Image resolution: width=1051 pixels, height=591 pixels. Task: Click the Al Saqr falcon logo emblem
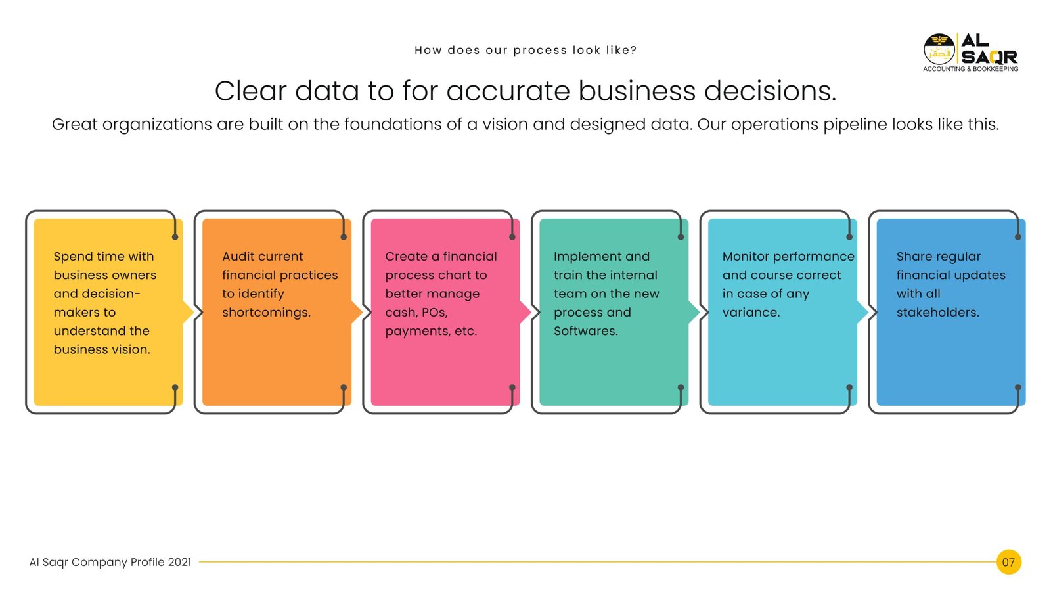[939, 49]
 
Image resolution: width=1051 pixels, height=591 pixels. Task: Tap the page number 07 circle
[1009, 562]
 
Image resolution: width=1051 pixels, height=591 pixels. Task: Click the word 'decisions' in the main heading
[770, 91]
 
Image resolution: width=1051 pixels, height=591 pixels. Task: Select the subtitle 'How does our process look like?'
[525, 50]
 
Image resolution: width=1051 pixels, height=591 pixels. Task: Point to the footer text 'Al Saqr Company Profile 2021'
[110, 562]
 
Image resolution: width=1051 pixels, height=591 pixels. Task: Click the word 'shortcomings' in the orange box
[266, 313]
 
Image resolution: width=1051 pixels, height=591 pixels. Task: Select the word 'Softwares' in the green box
[585, 331]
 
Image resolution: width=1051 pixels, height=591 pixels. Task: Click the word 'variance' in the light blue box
[751, 313]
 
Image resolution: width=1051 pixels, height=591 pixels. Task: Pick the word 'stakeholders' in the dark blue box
[937, 313]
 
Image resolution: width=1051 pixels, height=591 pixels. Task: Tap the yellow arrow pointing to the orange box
[188, 312]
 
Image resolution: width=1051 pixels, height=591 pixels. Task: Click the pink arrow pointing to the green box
[525, 312]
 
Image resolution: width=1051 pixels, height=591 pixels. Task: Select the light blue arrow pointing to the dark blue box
[862, 312]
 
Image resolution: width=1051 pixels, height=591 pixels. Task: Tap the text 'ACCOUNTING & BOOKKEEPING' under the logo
[970, 69]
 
